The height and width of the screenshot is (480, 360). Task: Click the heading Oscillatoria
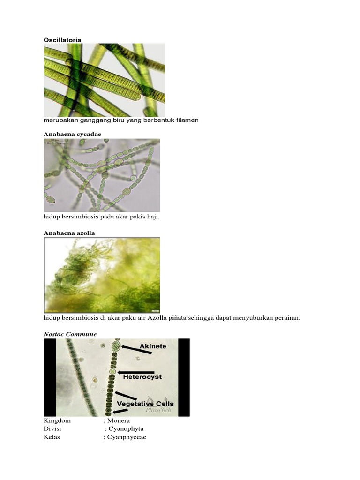pyautogui.click(x=62, y=40)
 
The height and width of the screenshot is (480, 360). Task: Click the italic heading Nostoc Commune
pyautogui.click(x=70, y=334)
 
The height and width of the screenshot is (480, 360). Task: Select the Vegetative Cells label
pyautogui.click(x=145, y=404)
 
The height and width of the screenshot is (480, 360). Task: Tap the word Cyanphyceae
pyautogui.click(x=127, y=437)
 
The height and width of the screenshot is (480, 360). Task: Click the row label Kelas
pyautogui.click(x=52, y=437)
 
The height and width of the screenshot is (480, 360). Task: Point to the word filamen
pyautogui.click(x=187, y=120)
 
